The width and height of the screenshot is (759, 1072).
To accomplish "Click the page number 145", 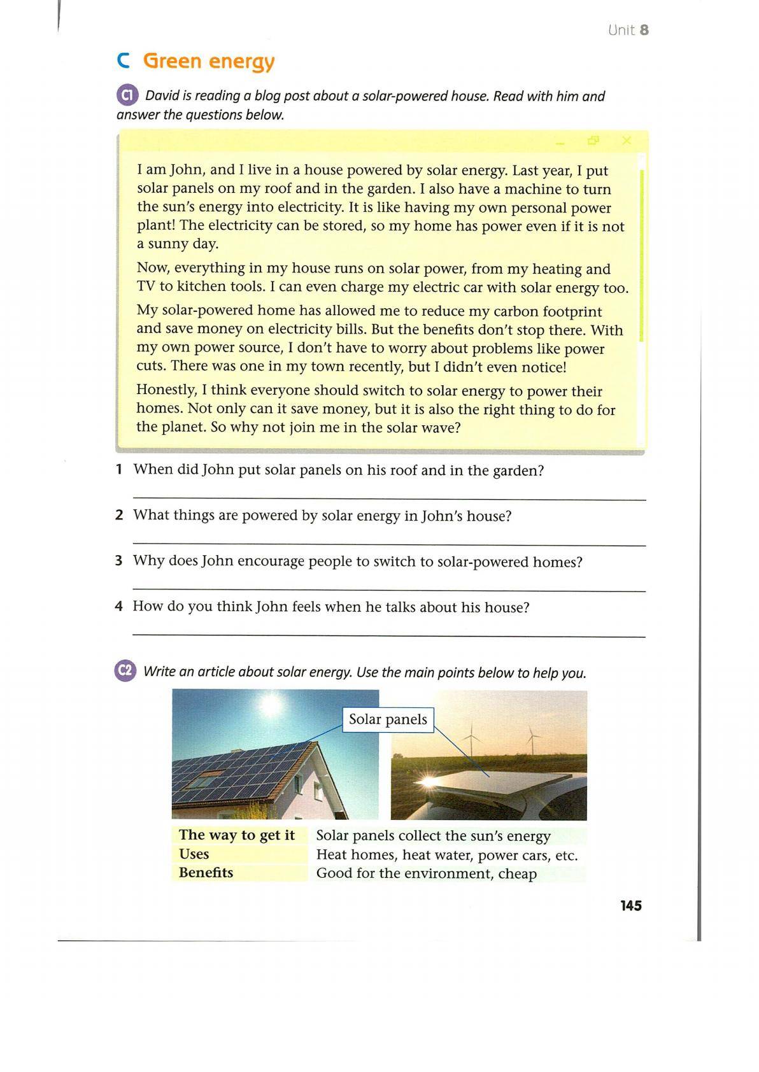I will pyautogui.click(x=630, y=905).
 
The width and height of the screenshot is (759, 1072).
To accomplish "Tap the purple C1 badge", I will pyautogui.click(x=127, y=95).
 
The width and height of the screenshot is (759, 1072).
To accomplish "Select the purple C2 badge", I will pyautogui.click(x=125, y=671).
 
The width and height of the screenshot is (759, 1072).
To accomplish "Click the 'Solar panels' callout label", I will pyautogui.click(x=388, y=719).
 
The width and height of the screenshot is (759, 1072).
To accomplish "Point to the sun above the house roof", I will pyautogui.click(x=271, y=703).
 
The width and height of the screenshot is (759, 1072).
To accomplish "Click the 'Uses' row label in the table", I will pyautogui.click(x=194, y=854).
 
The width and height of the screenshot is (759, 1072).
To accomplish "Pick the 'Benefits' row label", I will pyautogui.click(x=206, y=872).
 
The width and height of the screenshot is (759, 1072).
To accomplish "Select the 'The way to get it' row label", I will pyautogui.click(x=237, y=835).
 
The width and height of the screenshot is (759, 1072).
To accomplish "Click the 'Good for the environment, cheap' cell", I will pyautogui.click(x=427, y=873).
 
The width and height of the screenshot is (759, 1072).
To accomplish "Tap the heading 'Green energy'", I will pyautogui.click(x=209, y=61).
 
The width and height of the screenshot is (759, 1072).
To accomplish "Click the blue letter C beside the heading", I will pyautogui.click(x=124, y=61).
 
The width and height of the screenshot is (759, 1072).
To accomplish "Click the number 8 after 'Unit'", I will pyautogui.click(x=644, y=30).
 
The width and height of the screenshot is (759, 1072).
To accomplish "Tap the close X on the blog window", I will pyautogui.click(x=627, y=141).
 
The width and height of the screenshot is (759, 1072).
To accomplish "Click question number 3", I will pyautogui.click(x=118, y=561).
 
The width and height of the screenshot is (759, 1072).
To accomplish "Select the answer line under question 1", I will pyautogui.click(x=388, y=499).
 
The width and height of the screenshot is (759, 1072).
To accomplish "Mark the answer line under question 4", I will pyautogui.click(x=388, y=635).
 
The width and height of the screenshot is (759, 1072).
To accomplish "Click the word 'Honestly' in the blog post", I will pyautogui.click(x=165, y=390).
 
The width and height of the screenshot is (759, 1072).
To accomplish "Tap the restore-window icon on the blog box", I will pyautogui.click(x=593, y=141).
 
